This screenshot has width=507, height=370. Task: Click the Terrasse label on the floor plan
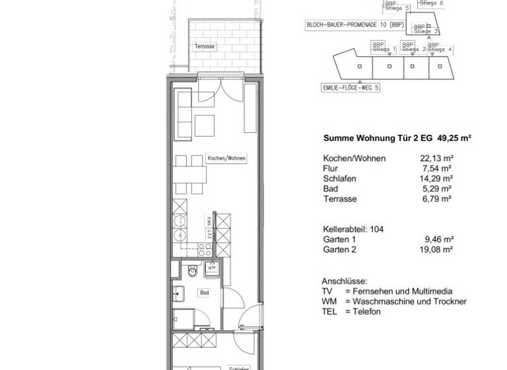click(205, 47)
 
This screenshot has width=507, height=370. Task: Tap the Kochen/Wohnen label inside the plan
click(222, 159)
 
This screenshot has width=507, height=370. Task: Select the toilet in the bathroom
click(191, 270)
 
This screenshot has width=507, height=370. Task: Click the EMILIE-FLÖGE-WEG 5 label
click(351, 87)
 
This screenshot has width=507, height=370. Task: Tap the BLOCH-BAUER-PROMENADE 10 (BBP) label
click(355, 25)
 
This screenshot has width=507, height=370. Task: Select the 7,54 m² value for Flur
click(441, 168)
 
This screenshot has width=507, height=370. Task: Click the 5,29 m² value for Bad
click(441, 188)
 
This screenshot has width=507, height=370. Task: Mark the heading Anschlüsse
click(344, 281)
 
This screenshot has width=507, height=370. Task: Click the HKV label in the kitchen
click(208, 223)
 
